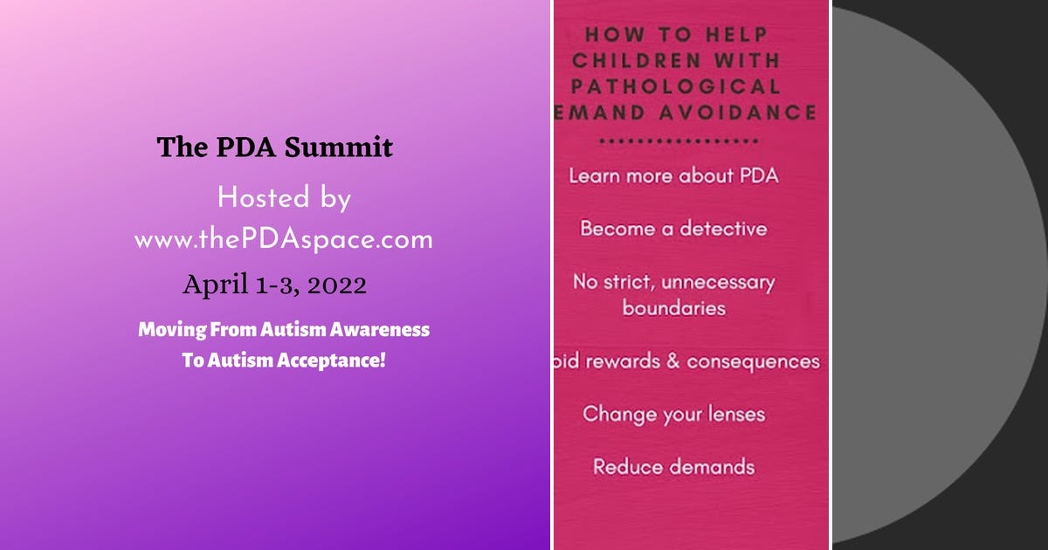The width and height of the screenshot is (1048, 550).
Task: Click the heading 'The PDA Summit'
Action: pos(274,147)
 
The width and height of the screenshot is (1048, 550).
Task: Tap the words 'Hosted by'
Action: pos(284,198)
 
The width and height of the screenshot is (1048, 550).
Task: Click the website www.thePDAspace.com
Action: pos(283,239)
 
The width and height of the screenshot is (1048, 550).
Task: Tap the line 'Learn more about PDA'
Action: pos(673,175)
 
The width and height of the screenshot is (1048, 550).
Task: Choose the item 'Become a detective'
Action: pos(673,229)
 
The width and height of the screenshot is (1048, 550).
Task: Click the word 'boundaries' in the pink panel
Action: pos(673,308)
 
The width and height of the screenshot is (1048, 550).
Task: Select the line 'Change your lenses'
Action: pos(673,413)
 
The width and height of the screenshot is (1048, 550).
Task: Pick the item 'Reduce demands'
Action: pos(673,466)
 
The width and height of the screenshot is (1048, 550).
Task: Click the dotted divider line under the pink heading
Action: pos(673,140)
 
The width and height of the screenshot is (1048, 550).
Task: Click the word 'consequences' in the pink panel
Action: pos(754,361)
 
